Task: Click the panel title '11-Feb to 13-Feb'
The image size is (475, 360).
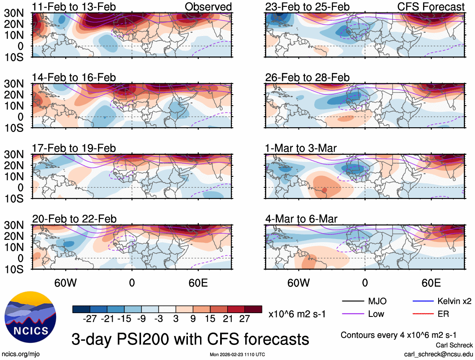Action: point(74,7)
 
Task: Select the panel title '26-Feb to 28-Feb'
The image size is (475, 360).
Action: point(307,78)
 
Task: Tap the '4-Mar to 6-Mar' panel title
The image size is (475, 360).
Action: point(301,219)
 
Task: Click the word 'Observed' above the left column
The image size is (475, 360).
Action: point(208,7)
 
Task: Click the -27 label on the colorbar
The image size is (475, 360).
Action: point(90,319)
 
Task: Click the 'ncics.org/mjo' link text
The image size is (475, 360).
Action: point(20,354)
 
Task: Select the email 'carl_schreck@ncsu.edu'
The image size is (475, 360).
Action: point(438,354)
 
